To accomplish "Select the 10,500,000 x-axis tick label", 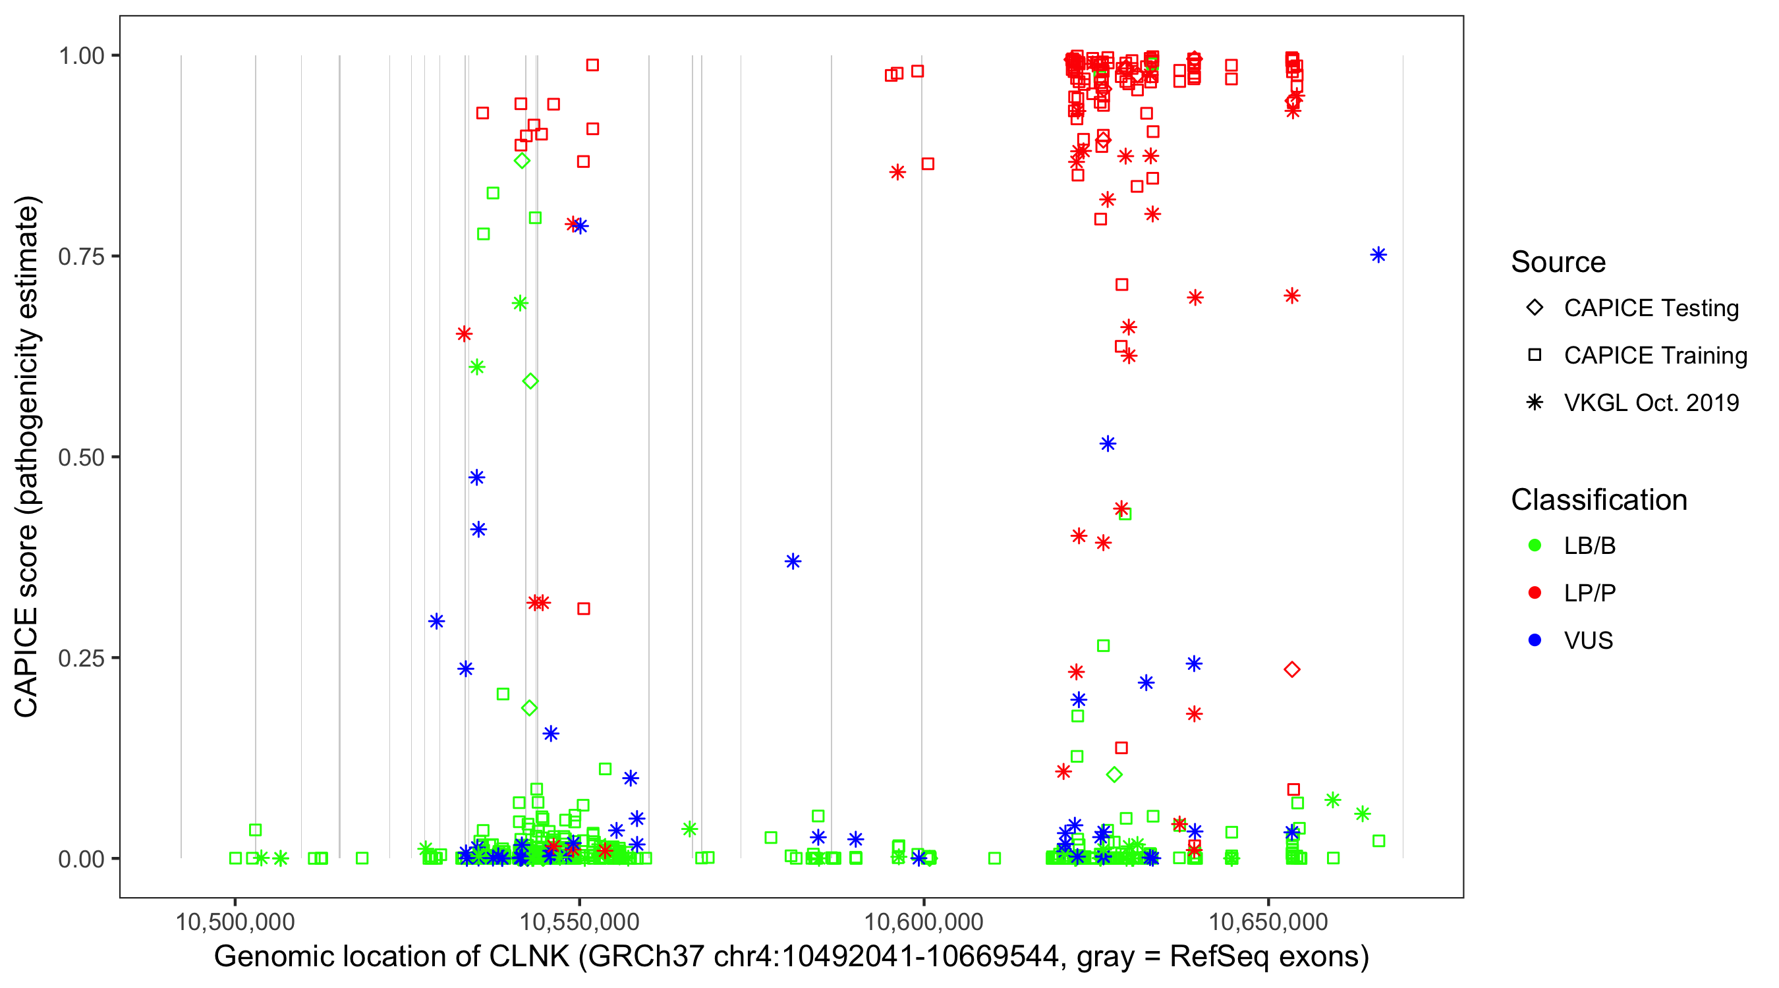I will point(235,921).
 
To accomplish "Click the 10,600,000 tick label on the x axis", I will point(923,921).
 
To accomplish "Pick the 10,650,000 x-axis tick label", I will point(1268,921).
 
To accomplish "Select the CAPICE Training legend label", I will point(1655,356).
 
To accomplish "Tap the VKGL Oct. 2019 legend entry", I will point(1651,402).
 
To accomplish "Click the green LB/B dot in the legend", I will point(1535,545).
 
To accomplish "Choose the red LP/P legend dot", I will point(1535,593).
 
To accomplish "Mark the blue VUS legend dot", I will point(1535,641).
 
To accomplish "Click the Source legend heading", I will point(1558,262).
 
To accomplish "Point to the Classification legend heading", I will point(1598,500).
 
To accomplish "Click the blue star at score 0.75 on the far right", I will point(1378,256).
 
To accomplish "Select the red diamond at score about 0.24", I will point(1292,669).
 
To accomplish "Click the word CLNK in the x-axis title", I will point(530,957).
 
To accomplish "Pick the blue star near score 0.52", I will point(1108,444).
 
